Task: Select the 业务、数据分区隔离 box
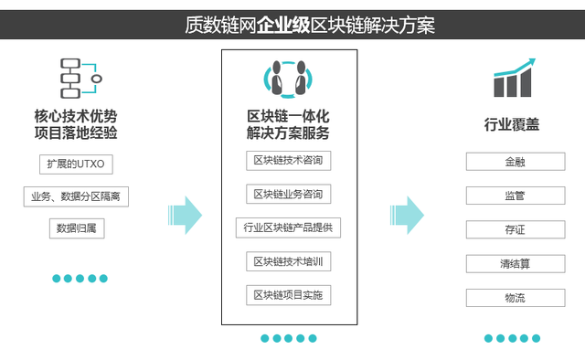(x=76, y=196)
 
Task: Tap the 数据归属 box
(x=77, y=228)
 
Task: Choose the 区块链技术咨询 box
(x=288, y=162)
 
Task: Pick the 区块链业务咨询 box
(x=288, y=195)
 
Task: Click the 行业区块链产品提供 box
(x=288, y=228)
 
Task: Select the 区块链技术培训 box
(x=288, y=262)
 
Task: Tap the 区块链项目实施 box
(x=288, y=295)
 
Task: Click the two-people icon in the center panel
(x=289, y=80)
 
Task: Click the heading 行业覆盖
(x=512, y=124)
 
